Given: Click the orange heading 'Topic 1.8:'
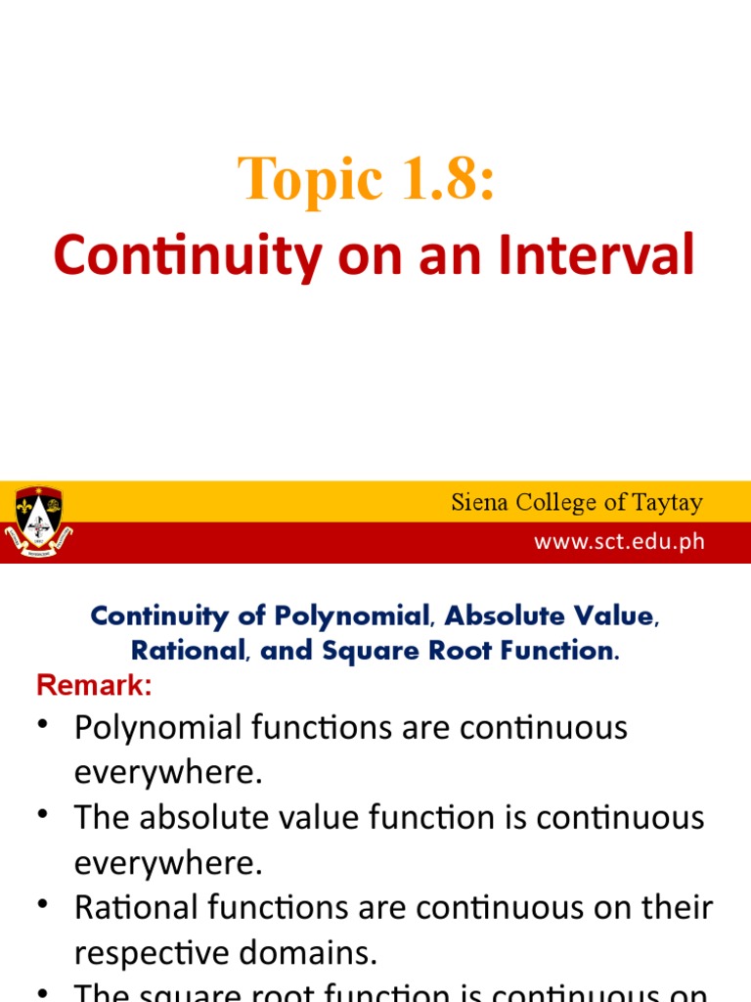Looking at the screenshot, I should click(x=367, y=181).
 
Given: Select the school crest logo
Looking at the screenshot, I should click(x=38, y=522).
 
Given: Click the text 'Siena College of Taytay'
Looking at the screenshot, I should click(x=576, y=503).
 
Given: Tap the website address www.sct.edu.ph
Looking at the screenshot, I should click(x=618, y=542).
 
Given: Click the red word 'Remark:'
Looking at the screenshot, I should click(x=94, y=687).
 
